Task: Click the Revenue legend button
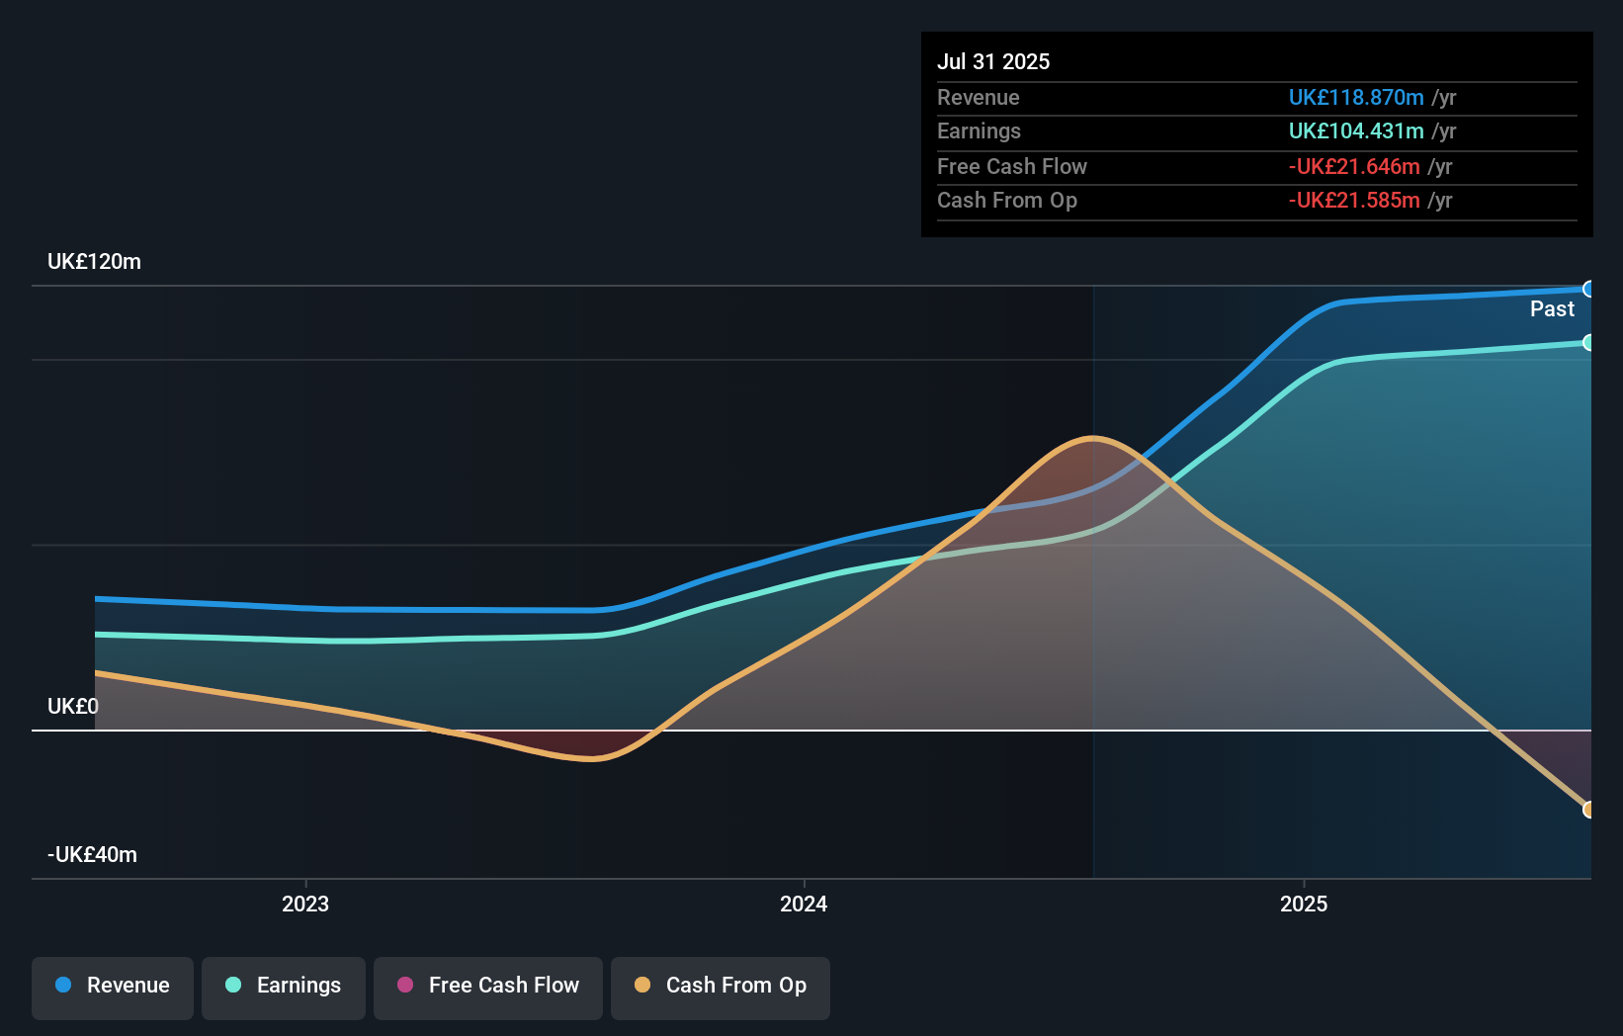113,987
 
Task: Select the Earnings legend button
284,987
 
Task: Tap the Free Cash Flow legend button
488,987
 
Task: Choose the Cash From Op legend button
721,987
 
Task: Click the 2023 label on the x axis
305,905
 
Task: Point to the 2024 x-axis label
804,905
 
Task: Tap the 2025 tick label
1304,905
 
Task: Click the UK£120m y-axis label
95,262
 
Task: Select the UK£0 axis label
73,707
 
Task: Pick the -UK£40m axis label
93,855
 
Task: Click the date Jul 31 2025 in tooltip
993,61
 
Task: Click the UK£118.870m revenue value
1356,98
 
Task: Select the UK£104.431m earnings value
1356,131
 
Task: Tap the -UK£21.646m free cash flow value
1354,167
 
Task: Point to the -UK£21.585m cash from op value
1354,201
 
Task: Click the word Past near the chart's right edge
1552,309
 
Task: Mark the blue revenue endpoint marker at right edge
1588,290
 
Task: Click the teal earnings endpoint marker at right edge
1588,343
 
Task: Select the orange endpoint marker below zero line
1588,810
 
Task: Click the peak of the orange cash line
1091,438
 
